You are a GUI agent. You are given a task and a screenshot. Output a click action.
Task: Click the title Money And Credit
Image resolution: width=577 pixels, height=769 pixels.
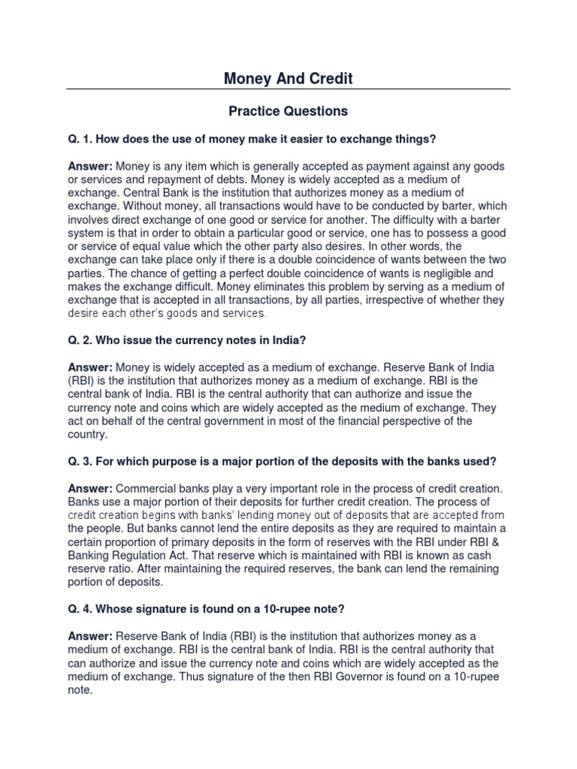[x=288, y=78]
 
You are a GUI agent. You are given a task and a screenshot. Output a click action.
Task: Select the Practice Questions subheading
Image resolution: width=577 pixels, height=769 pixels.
[x=288, y=111]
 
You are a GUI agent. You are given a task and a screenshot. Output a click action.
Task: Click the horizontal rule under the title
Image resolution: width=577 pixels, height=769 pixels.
[x=288, y=89]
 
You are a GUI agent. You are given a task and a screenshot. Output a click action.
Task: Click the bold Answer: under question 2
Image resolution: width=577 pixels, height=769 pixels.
[x=90, y=367]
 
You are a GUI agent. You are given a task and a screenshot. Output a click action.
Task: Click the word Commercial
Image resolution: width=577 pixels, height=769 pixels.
[x=147, y=488]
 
